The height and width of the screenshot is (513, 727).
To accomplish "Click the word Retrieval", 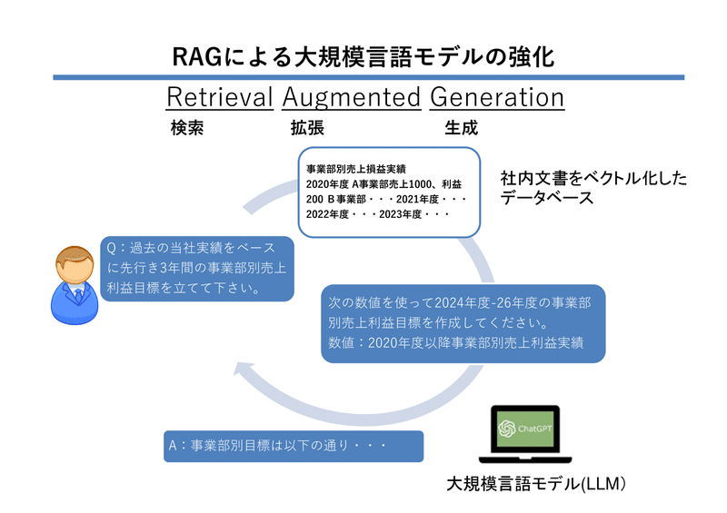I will [x=220, y=97].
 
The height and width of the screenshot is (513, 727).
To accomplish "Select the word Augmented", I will [x=351, y=97].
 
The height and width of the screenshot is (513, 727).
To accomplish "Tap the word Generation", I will [x=496, y=97].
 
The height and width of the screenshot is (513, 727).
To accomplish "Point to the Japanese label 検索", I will [x=187, y=128].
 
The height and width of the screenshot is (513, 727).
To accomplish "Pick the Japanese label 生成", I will [x=461, y=128].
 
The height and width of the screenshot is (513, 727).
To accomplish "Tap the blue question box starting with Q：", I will [x=196, y=269].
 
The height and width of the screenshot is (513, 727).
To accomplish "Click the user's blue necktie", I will [x=79, y=296].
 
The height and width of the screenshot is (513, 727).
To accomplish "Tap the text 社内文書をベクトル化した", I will [x=593, y=178].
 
